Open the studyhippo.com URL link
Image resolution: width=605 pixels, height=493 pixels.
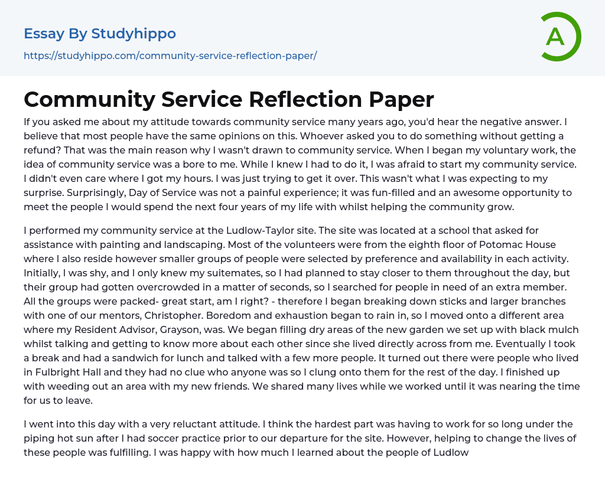[170, 55]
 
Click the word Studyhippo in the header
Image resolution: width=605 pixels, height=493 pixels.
[134, 34]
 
